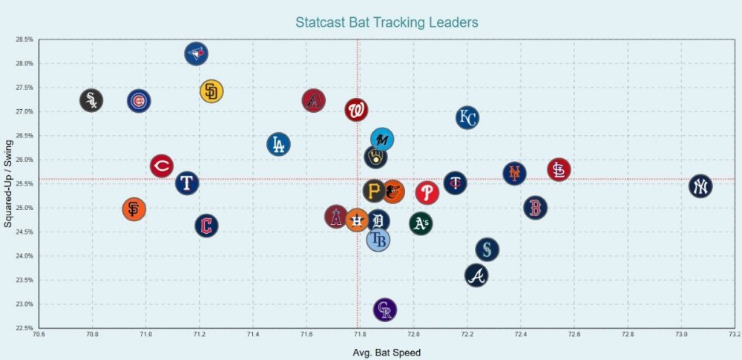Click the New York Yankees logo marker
[x=700, y=186]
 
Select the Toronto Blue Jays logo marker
[x=196, y=53]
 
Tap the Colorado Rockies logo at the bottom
[x=384, y=310]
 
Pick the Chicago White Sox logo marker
[x=91, y=100]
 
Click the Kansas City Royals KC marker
[x=467, y=118]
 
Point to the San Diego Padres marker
[x=211, y=91]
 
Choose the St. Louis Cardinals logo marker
[x=559, y=170]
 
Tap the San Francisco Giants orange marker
[x=134, y=209]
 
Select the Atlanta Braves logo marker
[x=476, y=275]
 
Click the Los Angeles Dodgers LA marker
[x=278, y=144]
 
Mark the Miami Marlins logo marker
[x=382, y=139]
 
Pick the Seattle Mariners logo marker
[x=487, y=249]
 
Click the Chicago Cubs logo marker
[x=139, y=101]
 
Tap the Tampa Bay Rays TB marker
[x=378, y=240]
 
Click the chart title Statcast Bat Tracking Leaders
[x=387, y=22]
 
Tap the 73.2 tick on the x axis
[x=735, y=335]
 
